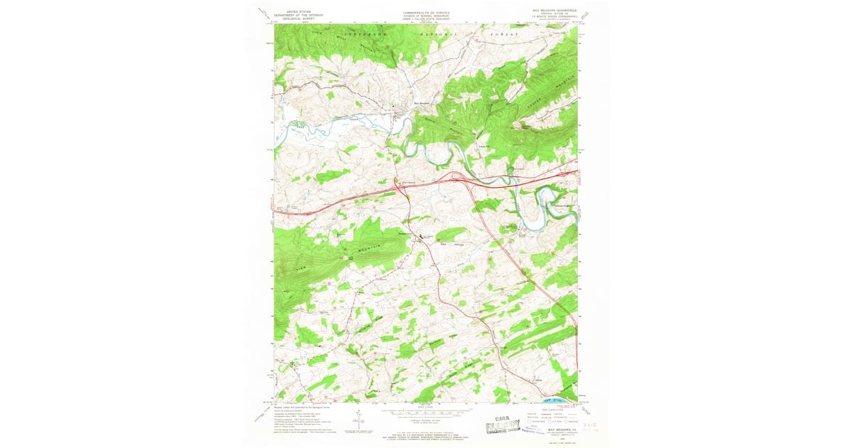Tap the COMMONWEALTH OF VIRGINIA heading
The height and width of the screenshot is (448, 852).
coord(425,12)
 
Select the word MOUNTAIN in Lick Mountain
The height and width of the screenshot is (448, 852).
coord(368,246)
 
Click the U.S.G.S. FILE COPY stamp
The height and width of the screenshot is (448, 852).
coord(508,427)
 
